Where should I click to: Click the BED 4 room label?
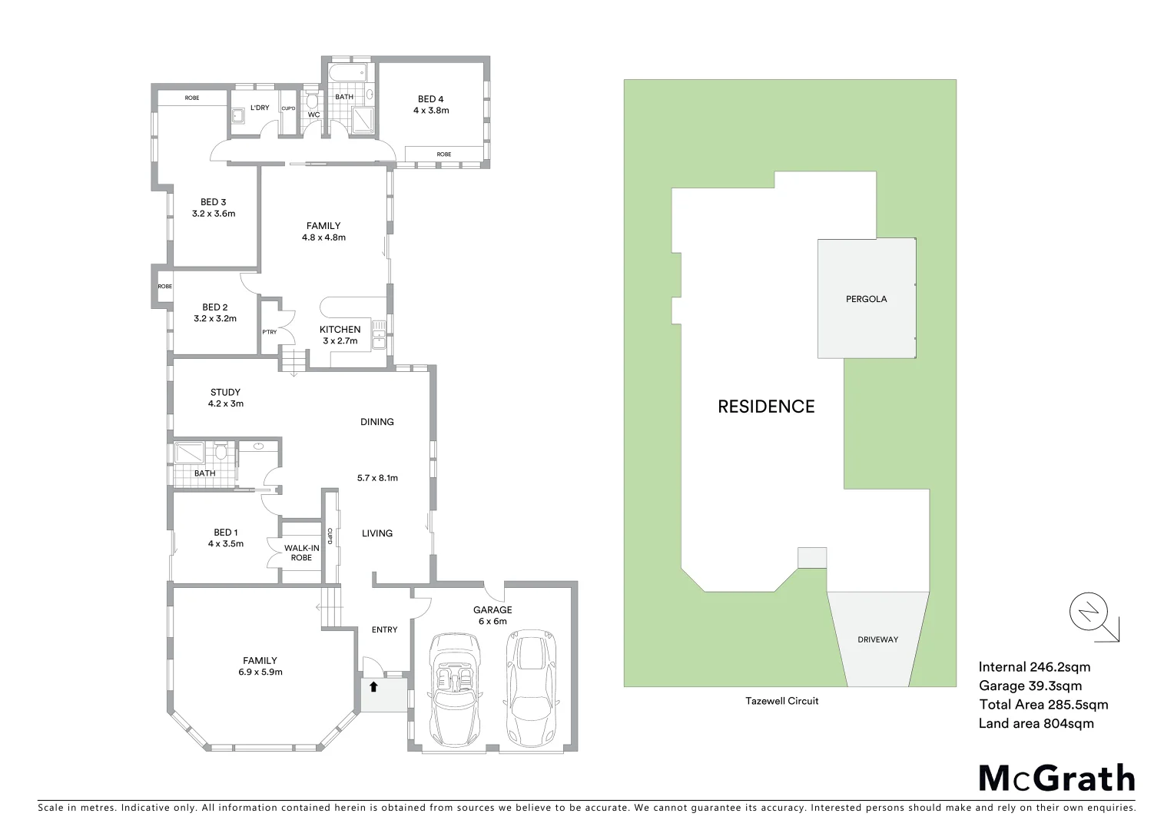coord(430,105)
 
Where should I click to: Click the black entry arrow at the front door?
coord(373,687)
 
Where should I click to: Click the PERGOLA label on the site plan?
coord(866,299)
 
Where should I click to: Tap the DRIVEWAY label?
coord(877,639)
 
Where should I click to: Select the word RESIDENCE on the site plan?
coord(766,407)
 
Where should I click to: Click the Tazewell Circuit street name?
coord(781,701)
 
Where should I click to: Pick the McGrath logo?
coord(1056,779)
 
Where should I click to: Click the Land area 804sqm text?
coord(1036,723)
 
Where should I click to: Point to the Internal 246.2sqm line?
coord(1034,667)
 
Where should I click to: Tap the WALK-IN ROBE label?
coord(301,553)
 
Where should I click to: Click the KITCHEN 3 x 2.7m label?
coord(340,335)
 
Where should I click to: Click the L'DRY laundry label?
coord(260,108)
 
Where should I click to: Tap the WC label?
coord(313,115)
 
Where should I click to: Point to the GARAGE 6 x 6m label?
coord(492,616)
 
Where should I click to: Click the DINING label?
coord(376,422)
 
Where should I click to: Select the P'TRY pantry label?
coord(269,332)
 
